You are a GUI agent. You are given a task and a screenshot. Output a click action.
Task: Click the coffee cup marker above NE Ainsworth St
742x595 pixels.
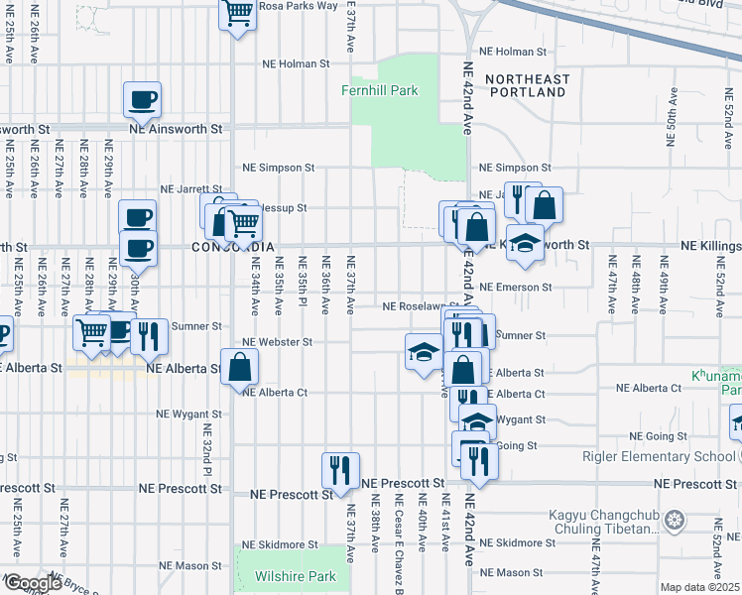(142, 99)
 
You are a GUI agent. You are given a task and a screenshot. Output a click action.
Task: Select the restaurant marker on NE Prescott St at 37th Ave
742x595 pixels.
(339, 470)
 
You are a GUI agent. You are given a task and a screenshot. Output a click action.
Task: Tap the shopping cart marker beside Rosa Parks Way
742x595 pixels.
(238, 14)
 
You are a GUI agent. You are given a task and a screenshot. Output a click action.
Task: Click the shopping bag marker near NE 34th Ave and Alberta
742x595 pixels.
(240, 367)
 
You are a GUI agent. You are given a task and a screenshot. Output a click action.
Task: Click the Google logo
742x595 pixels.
(32, 583)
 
